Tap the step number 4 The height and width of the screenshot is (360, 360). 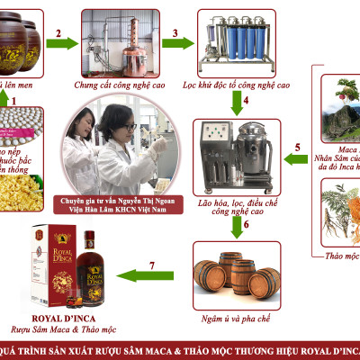tap(245, 100)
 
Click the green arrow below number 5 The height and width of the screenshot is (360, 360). tap(293, 161)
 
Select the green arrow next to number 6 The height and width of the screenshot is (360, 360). tap(234, 226)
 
